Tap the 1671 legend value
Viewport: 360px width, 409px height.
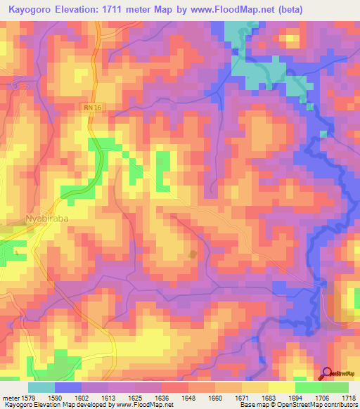coord(226,397)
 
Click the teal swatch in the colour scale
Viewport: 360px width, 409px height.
coord(41,387)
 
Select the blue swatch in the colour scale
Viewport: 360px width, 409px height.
coord(67,387)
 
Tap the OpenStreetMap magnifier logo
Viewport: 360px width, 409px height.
coord(328,374)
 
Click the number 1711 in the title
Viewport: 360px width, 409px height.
coord(136,11)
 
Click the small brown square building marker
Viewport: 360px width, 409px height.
coord(193,254)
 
